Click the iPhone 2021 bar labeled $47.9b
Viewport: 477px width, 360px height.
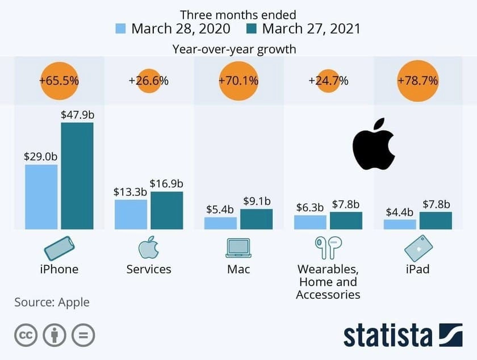click(77, 176)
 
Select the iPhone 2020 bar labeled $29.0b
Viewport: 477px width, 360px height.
click(41, 197)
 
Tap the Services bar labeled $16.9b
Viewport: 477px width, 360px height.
click(166, 210)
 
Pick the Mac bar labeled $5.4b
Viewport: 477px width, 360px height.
click(220, 223)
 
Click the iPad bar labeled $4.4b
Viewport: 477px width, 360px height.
click(400, 224)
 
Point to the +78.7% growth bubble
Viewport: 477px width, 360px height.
click(417, 81)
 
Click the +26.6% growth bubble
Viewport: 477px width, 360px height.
click(149, 81)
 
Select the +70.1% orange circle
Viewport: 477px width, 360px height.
click(238, 81)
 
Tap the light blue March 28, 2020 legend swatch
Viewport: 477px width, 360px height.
click(121, 29)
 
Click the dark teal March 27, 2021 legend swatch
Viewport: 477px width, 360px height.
click(252, 29)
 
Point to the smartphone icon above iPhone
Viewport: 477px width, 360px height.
click(59, 248)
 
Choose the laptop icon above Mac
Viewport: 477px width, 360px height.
click(238, 248)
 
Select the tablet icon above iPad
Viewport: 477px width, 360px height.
click(418, 248)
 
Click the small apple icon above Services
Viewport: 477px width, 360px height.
click(149, 248)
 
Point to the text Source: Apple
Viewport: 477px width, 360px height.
click(52, 302)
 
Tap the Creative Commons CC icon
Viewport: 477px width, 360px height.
click(26, 335)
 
